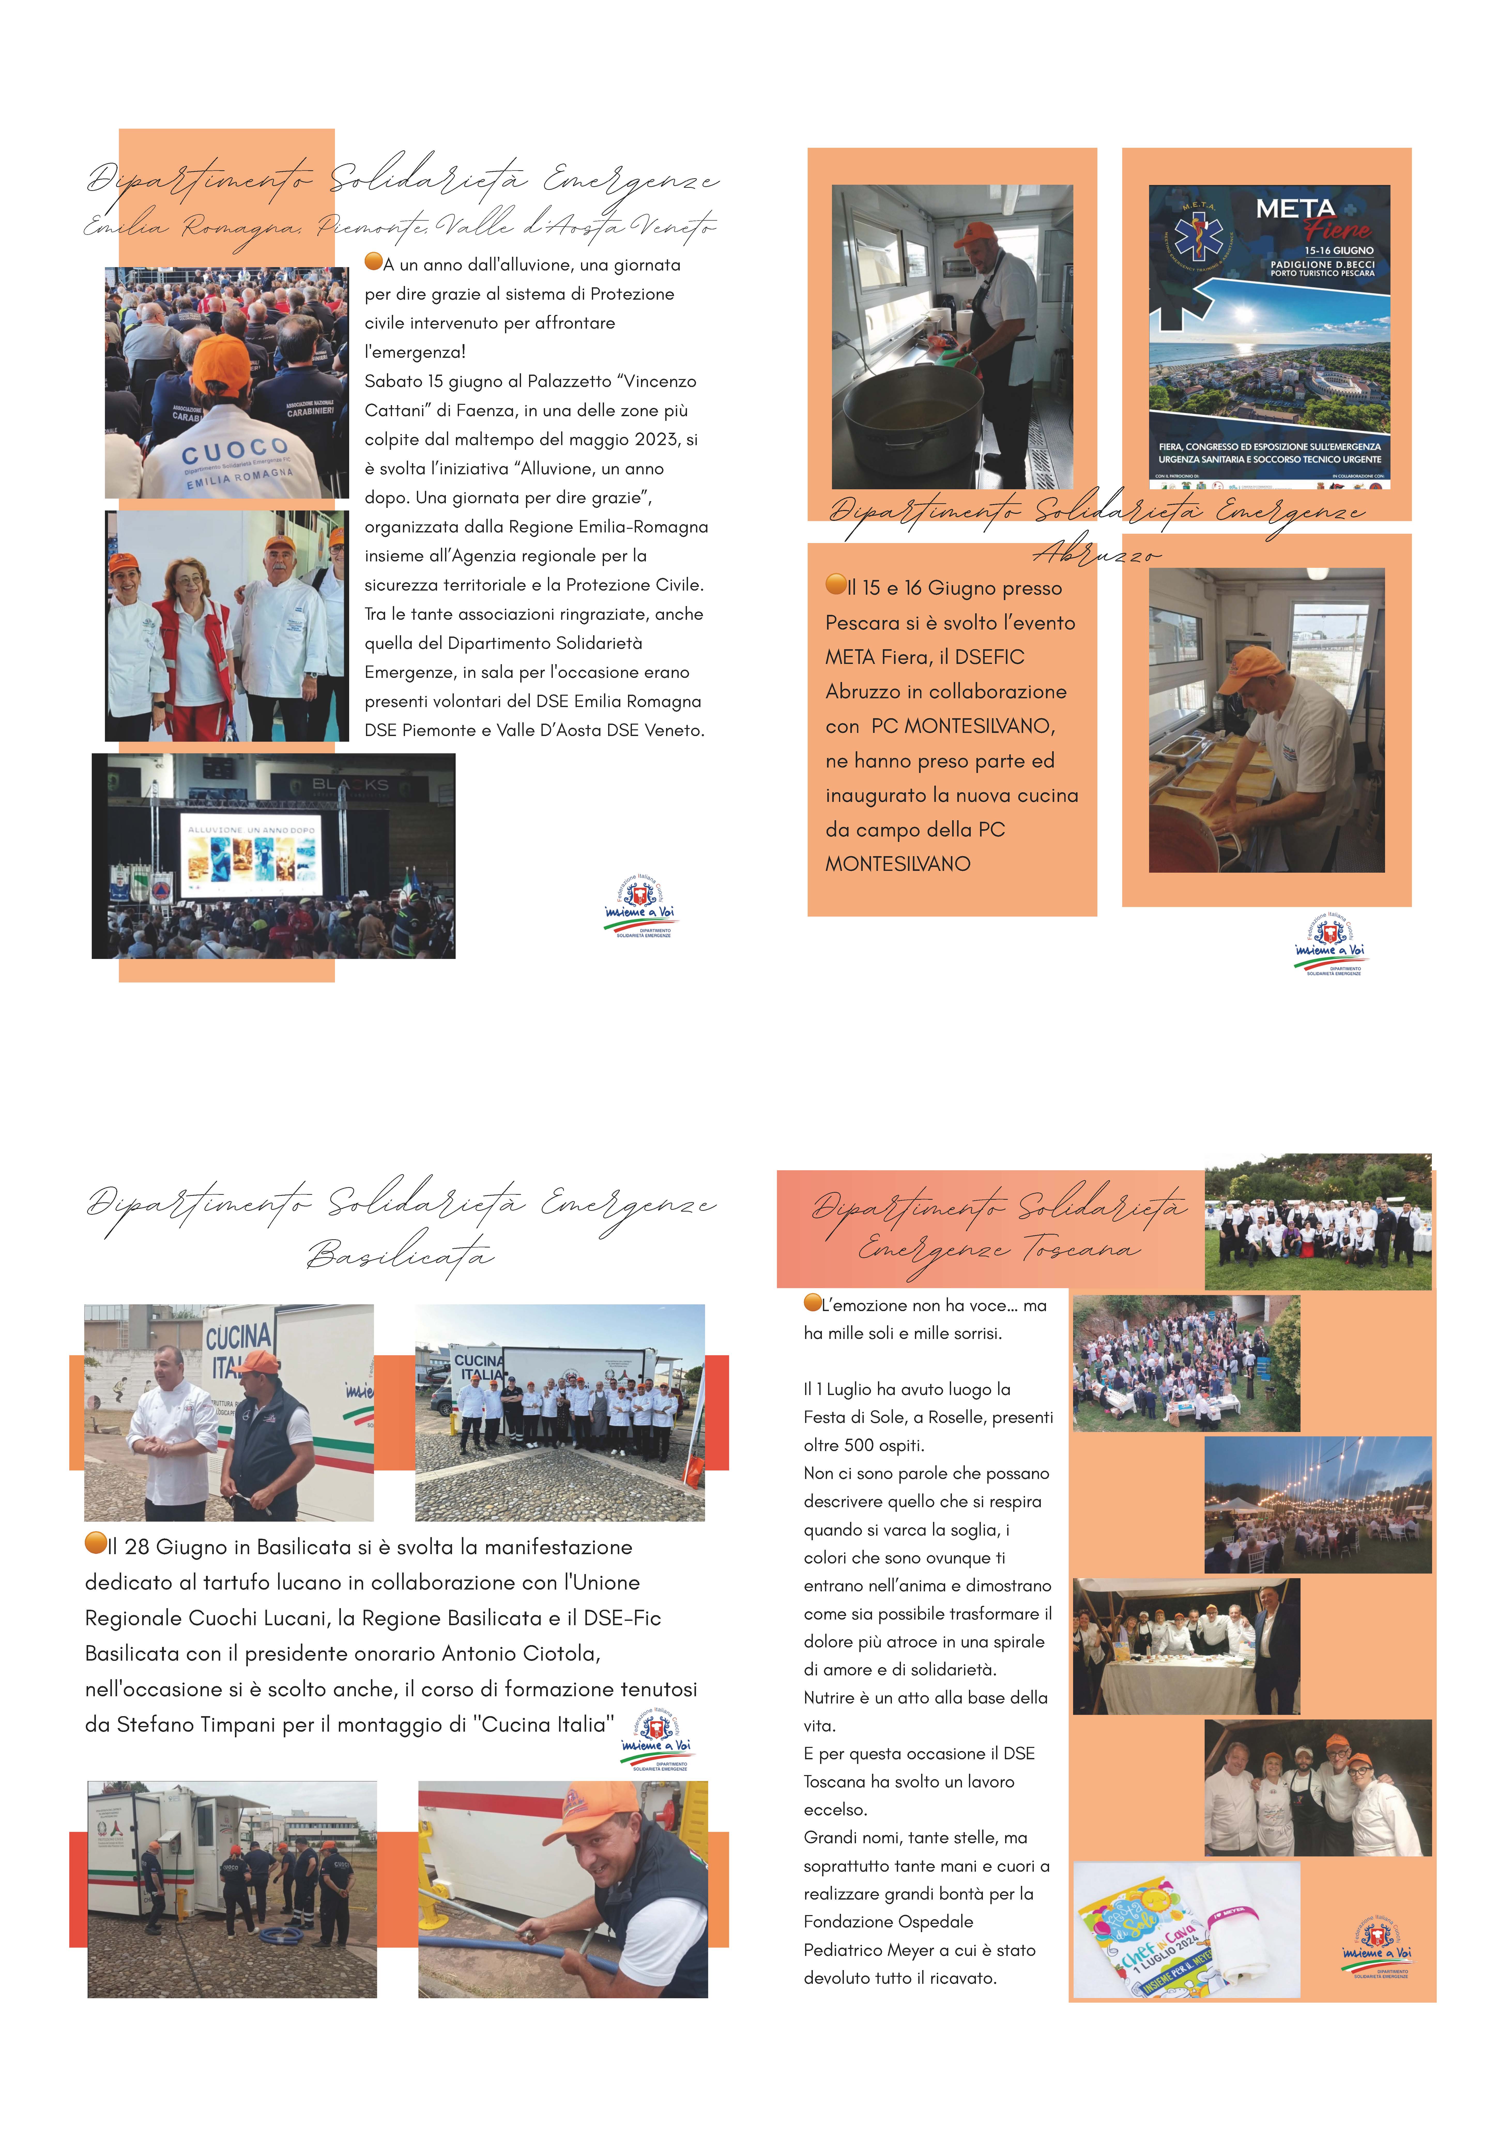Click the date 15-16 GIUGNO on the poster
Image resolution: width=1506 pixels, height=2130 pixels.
pos(1338,251)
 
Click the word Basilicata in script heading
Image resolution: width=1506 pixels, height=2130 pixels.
pos(401,1254)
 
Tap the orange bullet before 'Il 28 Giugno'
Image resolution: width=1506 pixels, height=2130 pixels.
pos(95,1542)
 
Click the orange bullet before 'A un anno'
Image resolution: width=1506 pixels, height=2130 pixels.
pos(373,262)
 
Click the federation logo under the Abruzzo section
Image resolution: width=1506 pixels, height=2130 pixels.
pos(1332,943)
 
